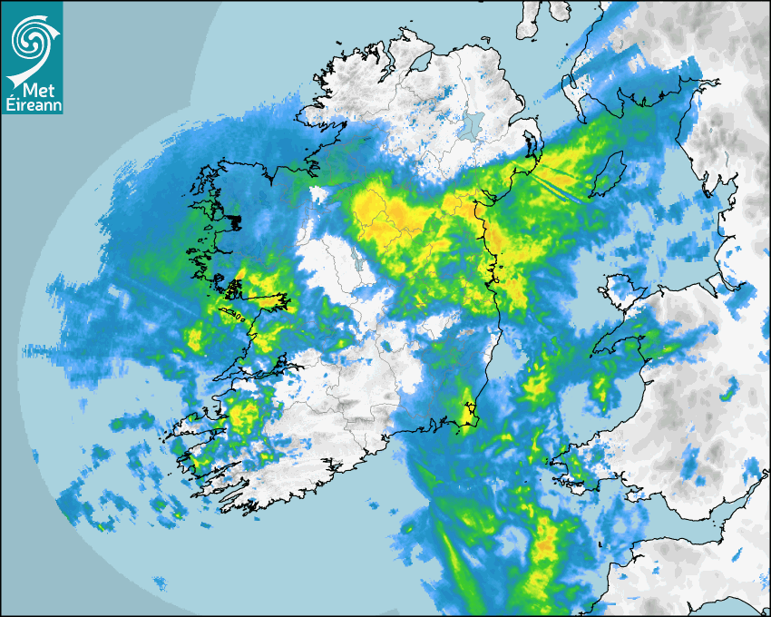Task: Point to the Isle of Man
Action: tap(608, 172)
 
